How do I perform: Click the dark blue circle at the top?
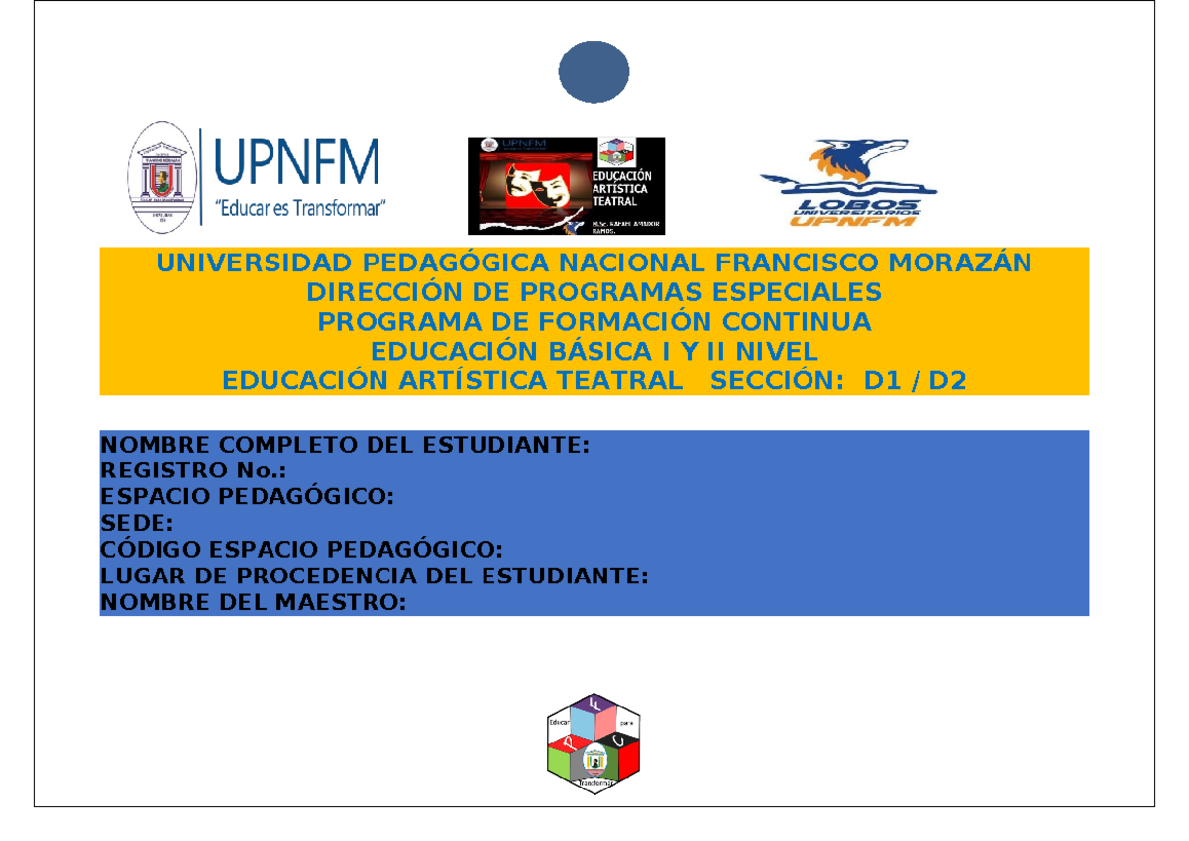tap(594, 70)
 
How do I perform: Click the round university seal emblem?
tap(159, 177)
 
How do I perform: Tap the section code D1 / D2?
tap(915, 381)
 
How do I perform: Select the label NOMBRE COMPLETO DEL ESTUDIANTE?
tap(346, 445)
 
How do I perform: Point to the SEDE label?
tap(138, 523)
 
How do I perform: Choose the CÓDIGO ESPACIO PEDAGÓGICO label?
tap(302, 549)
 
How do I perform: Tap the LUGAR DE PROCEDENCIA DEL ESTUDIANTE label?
tap(375, 576)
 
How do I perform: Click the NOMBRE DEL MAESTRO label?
tap(254, 601)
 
